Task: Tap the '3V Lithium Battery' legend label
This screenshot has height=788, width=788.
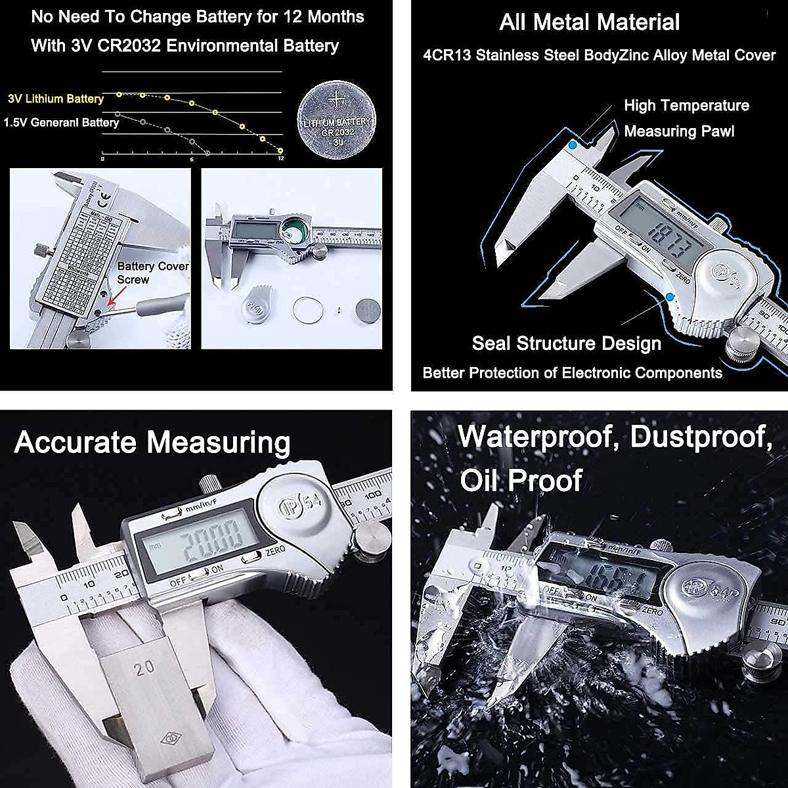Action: click(x=56, y=98)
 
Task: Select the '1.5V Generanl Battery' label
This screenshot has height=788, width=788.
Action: click(x=61, y=122)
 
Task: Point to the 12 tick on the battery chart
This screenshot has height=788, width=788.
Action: click(x=281, y=159)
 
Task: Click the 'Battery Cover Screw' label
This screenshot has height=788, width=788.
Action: click(x=152, y=273)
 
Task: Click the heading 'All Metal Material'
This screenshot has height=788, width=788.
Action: click(x=589, y=22)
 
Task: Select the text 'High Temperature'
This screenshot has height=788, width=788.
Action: click(x=686, y=106)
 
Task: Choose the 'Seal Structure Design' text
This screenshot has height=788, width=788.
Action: click(x=566, y=343)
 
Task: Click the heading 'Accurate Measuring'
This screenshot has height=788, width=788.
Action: click(x=152, y=442)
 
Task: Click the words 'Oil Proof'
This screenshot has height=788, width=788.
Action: click(x=521, y=480)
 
